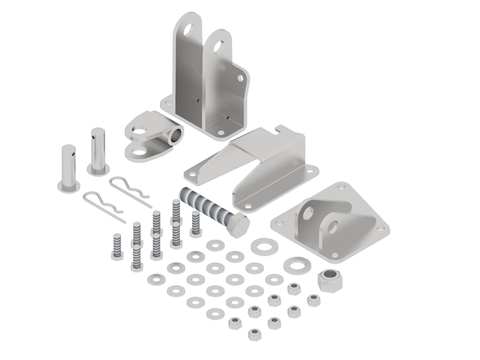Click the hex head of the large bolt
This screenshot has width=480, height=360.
238,224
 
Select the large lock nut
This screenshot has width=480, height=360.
329,280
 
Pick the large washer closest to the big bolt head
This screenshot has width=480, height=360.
262,245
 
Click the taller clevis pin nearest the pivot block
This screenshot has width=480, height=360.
99,150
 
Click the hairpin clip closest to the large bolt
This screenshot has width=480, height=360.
129,190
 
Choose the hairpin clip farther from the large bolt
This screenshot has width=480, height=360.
102,205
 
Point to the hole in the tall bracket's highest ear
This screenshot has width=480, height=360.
188,28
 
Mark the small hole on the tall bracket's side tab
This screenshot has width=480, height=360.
239,78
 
